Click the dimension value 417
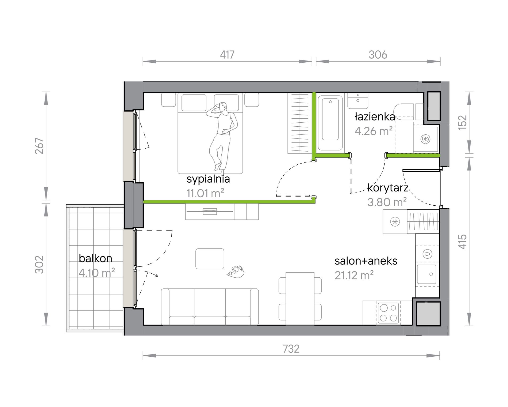tap(227, 55)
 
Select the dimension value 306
tap(378, 55)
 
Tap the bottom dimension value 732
tap(291, 349)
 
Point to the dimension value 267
tap(39, 146)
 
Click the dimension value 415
tap(463, 242)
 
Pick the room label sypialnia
tap(208, 179)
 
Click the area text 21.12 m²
tap(354, 275)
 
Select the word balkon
tap(95, 258)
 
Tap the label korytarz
tap(388, 188)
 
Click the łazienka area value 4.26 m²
tap(374, 131)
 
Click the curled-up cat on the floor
tap(236, 272)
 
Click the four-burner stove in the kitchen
tap(388, 313)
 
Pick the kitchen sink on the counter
tap(427, 274)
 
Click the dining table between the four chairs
tap(300, 299)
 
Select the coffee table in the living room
tap(210, 259)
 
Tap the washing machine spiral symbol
tap(425, 139)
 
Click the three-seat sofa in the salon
tap(210, 307)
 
